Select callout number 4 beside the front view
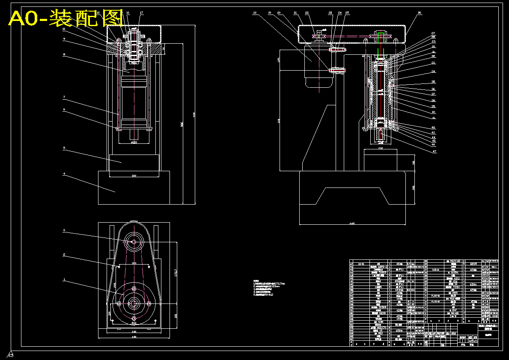(64, 174)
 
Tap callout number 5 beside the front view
(64, 148)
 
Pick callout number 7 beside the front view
(64, 98)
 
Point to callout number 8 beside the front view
(64, 54)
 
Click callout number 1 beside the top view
(64, 280)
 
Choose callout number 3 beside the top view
(64, 231)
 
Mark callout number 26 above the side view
(420, 13)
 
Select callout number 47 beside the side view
(434, 151)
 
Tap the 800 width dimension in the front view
(134, 176)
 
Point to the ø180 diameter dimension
(134, 143)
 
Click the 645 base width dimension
(352, 223)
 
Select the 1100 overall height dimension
(193, 115)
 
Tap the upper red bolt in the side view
(337, 50)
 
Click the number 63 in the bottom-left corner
(11, 355)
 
